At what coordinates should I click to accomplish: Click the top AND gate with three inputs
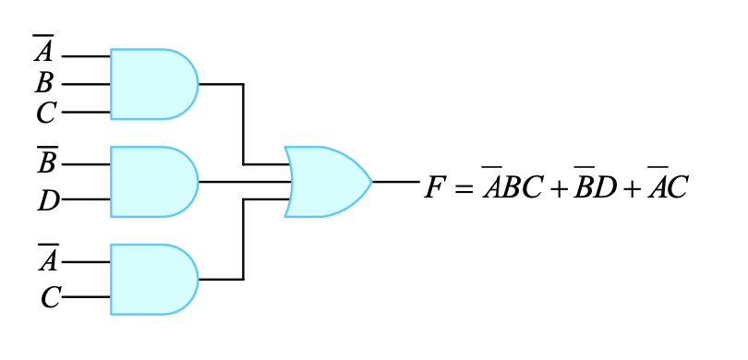pyautogui.click(x=154, y=84)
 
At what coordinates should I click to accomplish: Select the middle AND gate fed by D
pyautogui.click(x=154, y=182)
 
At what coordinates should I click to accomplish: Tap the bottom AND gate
pyautogui.click(x=154, y=280)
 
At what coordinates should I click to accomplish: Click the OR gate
pyautogui.click(x=328, y=182)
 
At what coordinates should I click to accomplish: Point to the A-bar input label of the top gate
pyautogui.click(x=43, y=49)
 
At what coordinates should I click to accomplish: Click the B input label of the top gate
pyautogui.click(x=44, y=83)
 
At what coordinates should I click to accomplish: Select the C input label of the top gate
pyautogui.click(x=46, y=113)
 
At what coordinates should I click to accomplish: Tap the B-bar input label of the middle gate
pyautogui.click(x=47, y=160)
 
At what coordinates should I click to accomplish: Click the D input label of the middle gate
pyautogui.click(x=49, y=200)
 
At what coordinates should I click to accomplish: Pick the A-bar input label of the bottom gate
pyautogui.click(x=48, y=257)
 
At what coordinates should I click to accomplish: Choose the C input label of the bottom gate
pyautogui.click(x=50, y=298)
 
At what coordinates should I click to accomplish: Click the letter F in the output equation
pyautogui.click(x=436, y=187)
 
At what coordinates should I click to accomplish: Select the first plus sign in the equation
pyautogui.click(x=561, y=189)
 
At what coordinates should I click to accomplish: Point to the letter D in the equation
pyautogui.click(x=607, y=187)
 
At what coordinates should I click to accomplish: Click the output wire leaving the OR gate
pyautogui.click(x=395, y=182)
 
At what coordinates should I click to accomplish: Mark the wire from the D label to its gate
pyautogui.click(x=85, y=199)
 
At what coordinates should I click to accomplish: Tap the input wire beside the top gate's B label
pyautogui.click(x=87, y=84)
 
